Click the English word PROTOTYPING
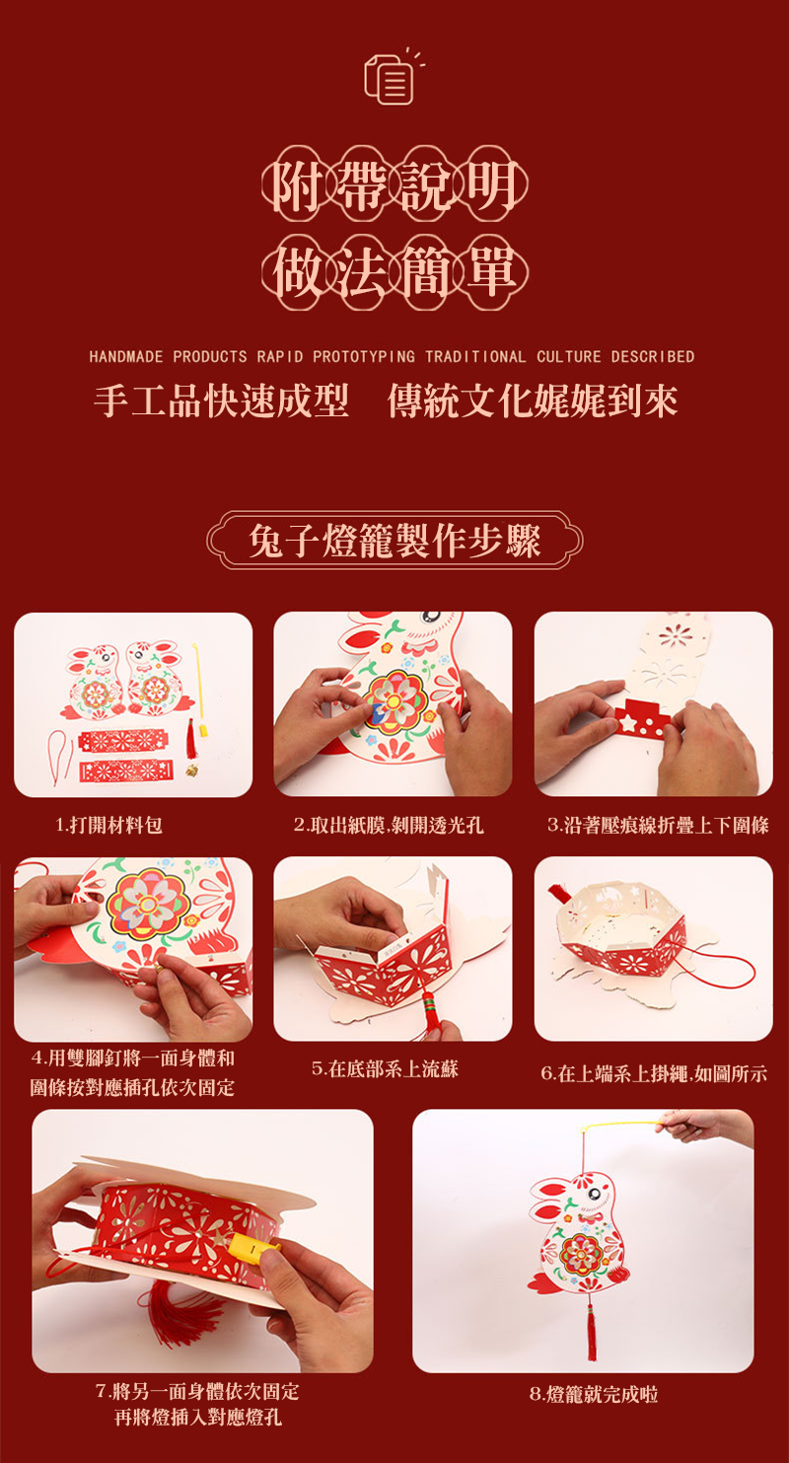coord(364,356)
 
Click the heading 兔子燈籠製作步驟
coord(394,541)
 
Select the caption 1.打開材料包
coord(109,825)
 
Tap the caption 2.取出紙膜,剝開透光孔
coord(389,825)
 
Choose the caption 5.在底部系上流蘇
coord(386,1068)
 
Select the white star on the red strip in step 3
coord(628,723)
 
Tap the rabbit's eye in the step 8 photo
coord(595,1194)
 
